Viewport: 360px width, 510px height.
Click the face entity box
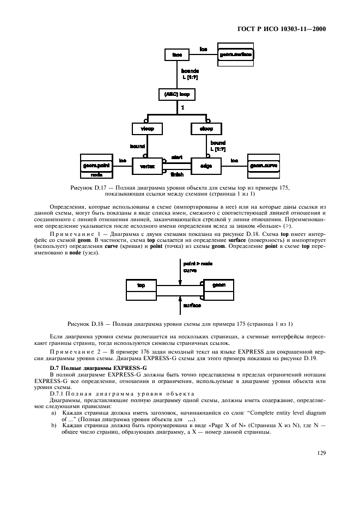click(x=176, y=55)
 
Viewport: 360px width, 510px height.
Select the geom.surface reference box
click(x=236, y=55)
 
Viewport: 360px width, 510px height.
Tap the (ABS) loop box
click(x=176, y=94)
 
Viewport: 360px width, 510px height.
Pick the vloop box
click(x=148, y=129)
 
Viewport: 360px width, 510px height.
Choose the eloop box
click(x=205, y=129)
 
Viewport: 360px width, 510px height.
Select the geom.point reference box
click(x=96, y=164)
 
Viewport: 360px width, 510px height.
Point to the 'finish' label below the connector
click(x=176, y=174)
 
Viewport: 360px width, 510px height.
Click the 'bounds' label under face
click(x=190, y=71)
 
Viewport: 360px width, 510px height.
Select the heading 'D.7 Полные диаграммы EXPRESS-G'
click(x=92, y=369)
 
